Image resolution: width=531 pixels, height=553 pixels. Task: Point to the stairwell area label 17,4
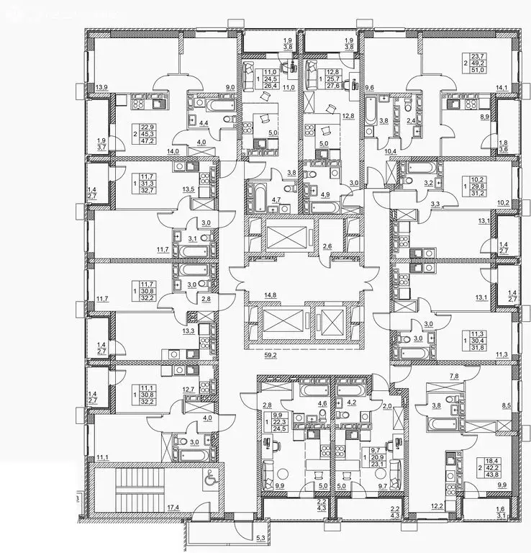click(x=173, y=508)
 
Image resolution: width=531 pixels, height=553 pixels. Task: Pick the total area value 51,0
click(x=496, y=70)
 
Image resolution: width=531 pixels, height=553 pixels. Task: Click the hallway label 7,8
click(x=434, y=375)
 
